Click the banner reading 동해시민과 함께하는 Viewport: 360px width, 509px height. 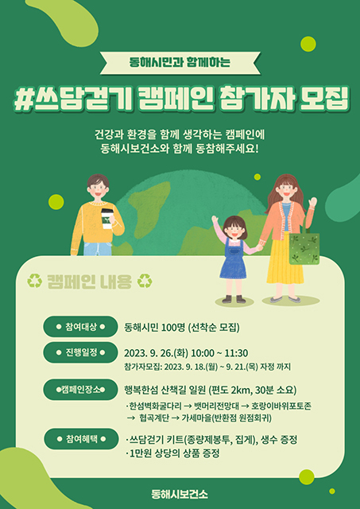click(180, 61)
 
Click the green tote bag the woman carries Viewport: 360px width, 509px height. click(304, 247)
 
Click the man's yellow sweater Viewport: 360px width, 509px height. click(96, 224)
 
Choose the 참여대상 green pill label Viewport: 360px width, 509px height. click(80, 327)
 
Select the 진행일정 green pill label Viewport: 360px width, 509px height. click(80, 352)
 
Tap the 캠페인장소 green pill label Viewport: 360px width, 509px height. click(80, 390)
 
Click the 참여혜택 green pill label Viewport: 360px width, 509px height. click(80, 439)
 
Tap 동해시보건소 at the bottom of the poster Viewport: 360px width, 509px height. click(180, 493)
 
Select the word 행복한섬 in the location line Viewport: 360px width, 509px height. click(144, 390)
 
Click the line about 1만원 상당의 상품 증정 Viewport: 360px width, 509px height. click(173, 453)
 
